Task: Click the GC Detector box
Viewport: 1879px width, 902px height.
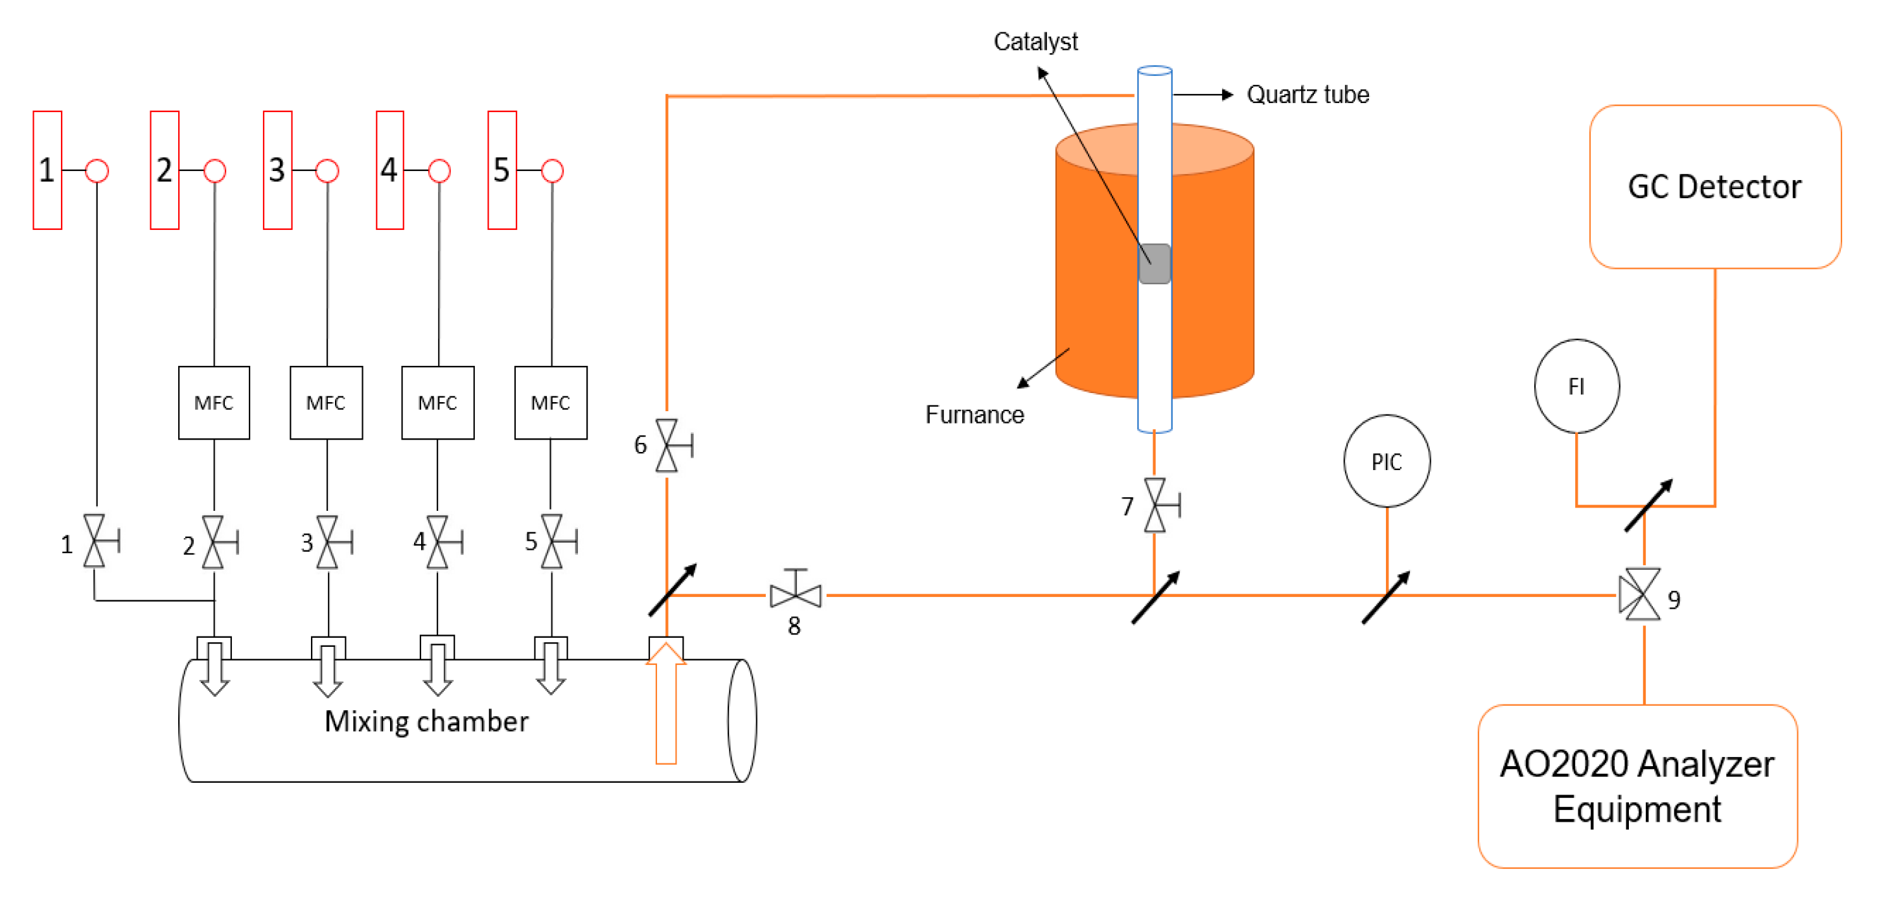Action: [x=1714, y=186]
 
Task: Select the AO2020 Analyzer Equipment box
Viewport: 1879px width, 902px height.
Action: [x=1637, y=786]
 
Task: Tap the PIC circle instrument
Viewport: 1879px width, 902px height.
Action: [x=1386, y=461]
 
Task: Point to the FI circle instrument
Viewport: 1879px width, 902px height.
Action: [x=1576, y=386]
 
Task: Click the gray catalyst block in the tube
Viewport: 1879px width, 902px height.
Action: [x=1154, y=264]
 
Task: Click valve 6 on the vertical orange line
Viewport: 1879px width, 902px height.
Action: [x=667, y=445]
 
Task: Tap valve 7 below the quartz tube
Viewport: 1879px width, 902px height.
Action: [x=1155, y=504]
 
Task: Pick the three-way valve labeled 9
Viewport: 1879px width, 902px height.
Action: [x=1641, y=594]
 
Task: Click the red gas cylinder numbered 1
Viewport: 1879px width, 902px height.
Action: [x=47, y=170]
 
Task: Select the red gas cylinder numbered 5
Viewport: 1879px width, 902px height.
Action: [x=502, y=170]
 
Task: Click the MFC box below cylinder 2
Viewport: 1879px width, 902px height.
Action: [x=214, y=403]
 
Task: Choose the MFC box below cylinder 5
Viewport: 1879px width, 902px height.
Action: [x=550, y=403]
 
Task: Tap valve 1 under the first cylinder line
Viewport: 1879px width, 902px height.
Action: [x=95, y=541]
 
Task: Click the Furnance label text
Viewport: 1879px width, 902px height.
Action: [x=974, y=415]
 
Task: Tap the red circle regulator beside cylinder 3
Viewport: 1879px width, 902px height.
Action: [x=327, y=171]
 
